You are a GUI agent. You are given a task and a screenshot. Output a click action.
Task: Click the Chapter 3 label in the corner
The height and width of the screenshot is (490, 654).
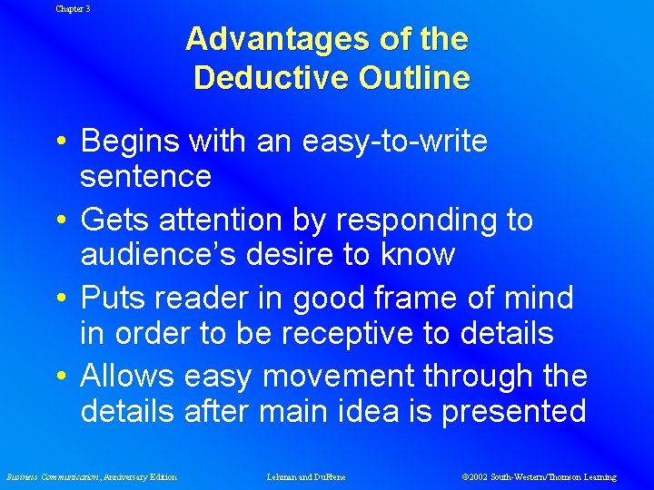point(73,8)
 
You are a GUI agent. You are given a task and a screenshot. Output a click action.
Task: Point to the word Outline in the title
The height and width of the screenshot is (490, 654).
point(413,78)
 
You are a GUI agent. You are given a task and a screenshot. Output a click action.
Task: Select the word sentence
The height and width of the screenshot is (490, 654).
point(145,176)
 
